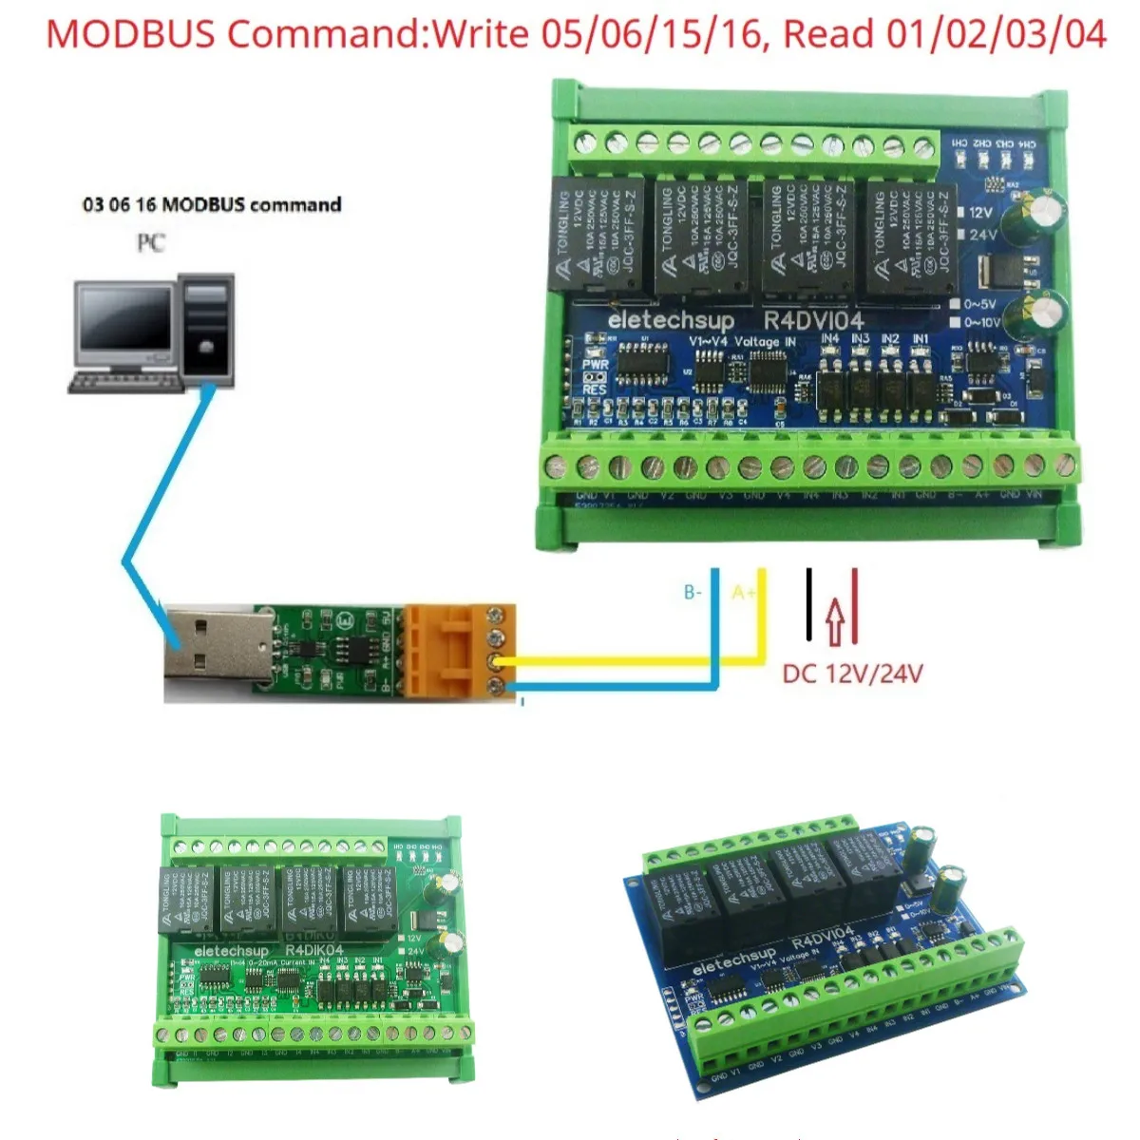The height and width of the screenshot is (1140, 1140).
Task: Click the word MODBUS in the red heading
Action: point(132,34)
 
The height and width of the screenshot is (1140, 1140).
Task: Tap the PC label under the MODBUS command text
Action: point(151,243)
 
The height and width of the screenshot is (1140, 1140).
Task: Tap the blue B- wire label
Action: point(693,593)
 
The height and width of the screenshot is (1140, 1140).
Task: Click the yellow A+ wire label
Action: point(744,593)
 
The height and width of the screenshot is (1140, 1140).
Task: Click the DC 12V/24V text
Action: point(852,674)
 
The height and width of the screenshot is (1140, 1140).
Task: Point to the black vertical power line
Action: point(809,603)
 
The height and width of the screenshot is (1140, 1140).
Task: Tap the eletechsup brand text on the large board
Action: point(670,320)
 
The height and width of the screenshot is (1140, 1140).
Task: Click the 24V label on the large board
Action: point(981,234)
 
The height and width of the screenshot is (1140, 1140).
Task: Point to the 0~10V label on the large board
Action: point(981,323)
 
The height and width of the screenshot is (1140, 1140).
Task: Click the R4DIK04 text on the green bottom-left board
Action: point(313,950)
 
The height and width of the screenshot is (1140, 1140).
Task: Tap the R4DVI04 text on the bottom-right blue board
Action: point(824,936)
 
